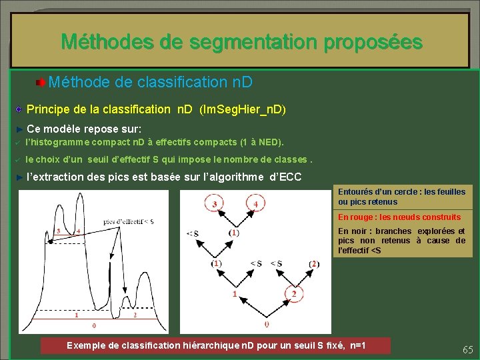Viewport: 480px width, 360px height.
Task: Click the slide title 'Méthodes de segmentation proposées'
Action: (241, 42)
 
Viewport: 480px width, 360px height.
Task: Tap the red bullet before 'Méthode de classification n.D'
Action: (41, 83)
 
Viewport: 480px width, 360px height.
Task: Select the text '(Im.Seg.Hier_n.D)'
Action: (243, 109)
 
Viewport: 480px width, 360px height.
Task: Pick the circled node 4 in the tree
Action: (255, 203)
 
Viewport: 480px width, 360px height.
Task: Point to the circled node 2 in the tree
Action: (294, 294)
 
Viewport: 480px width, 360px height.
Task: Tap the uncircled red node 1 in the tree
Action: (234, 294)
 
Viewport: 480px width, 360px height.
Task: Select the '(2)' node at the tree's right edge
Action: (314, 264)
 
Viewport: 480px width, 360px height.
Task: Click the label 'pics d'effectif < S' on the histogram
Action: (129, 221)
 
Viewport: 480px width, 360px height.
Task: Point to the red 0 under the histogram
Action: (94, 326)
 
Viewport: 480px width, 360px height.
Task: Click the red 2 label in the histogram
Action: (135, 315)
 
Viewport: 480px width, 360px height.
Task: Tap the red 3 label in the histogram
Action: (58, 231)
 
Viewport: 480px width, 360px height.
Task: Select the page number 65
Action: (467, 349)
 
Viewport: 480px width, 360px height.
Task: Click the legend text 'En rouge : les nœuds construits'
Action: (399, 217)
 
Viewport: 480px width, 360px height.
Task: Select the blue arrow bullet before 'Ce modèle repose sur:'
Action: (19, 128)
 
